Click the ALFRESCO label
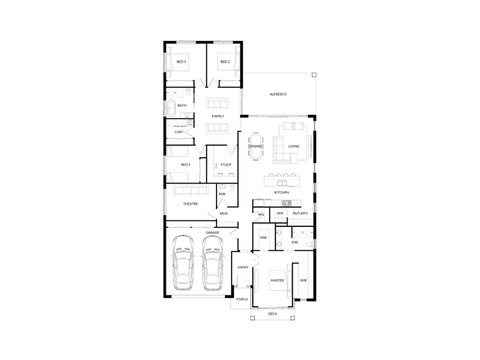[x=278, y=94]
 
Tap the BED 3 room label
[x=181, y=62]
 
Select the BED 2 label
[x=225, y=62]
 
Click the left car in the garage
[x=183, y=262]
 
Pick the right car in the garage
[x=213, y=262]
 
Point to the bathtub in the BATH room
[x=171, y=108]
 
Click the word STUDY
[x=226, y=165]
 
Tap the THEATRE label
[x=190, y=204]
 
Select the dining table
[x=256, y=146]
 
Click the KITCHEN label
[x=281, y=193]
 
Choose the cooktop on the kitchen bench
[x=286, y=203]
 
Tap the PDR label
[x=222, y=194]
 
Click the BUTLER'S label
[x=300, y=213]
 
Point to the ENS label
[x=294, y=242]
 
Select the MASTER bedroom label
[x=277, y=280]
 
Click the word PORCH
[x=242, y=300]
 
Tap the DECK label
[x=272, y=314]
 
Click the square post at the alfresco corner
[x=314, y=75]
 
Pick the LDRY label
[x=179, y=132]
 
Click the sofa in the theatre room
[x=191, y=190]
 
